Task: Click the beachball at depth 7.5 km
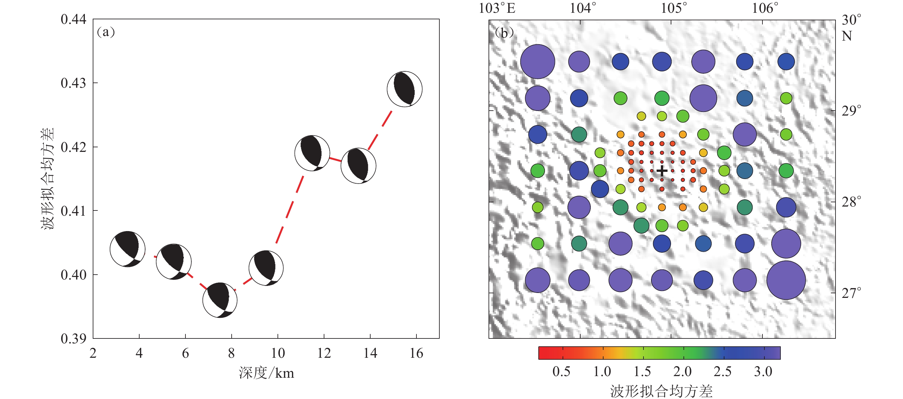point(220,300)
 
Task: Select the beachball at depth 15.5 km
point(405,89)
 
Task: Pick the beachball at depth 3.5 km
point(127,249)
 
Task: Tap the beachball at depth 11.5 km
point(312,153)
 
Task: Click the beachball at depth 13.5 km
point(358,166)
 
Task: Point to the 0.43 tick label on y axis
point(73,83)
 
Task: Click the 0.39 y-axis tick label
point(73,338)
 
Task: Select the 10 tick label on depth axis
point(278,353)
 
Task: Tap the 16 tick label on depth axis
point(416,353)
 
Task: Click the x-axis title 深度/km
point(266,373)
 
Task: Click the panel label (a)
point(106,32)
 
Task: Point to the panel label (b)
point(504,33)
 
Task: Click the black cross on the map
point(662,171)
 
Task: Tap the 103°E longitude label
point(497,8)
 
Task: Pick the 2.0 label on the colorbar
point(682,371)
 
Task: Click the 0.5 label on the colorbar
point(561,371)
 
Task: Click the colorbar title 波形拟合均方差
point(661,391)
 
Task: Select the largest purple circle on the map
point(786,280)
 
